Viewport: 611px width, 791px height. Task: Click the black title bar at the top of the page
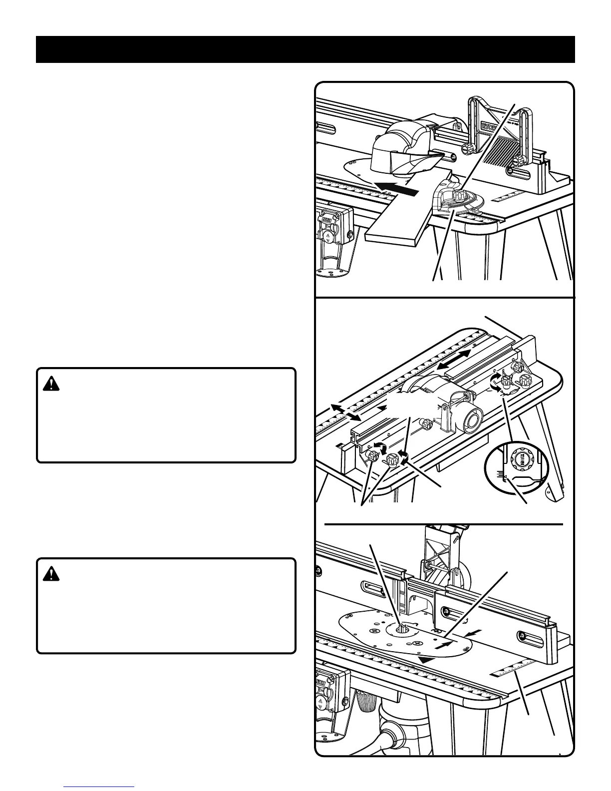(x=305, y=49)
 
